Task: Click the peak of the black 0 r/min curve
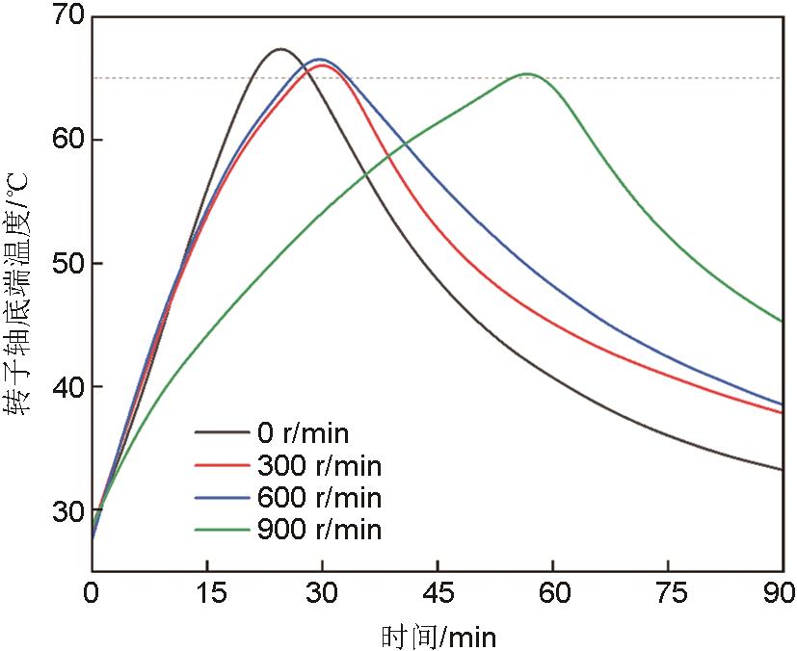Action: [x=279, y=49]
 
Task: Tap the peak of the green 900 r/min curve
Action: [x=527, y=74]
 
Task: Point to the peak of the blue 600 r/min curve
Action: [x=319, y=60]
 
